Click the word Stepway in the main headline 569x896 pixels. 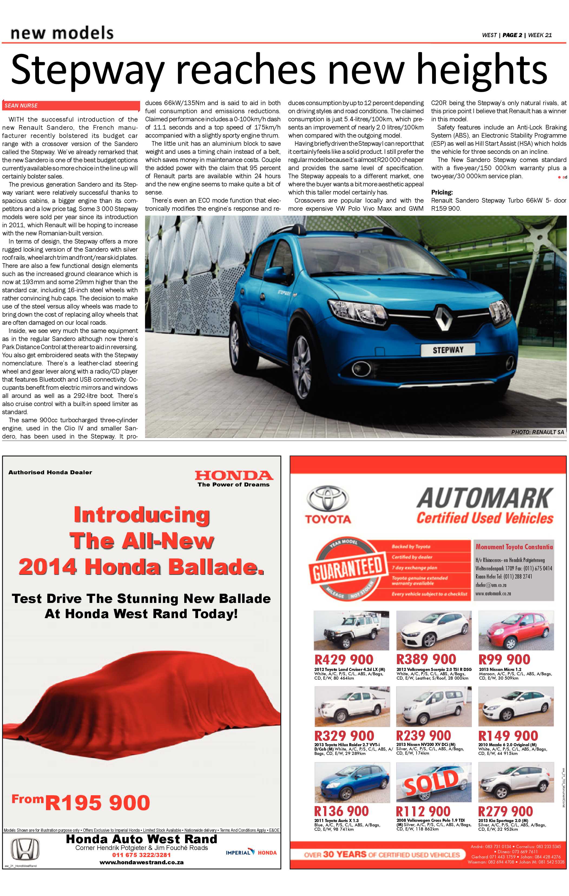click(x=87, y=70)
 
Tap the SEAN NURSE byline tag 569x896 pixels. click(x=21, y=106)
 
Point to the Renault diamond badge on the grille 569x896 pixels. click(x=444, y=318)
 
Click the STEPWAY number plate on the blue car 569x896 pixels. click(x=448, y=350)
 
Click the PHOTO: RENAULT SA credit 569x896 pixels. click(x=537, y=432)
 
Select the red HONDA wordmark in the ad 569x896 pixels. click(x=234, y=475)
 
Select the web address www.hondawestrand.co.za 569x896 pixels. click(x=142, y=862)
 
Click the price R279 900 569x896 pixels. click(x=505, y=811)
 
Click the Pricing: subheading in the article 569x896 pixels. click(x=442, y=192)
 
